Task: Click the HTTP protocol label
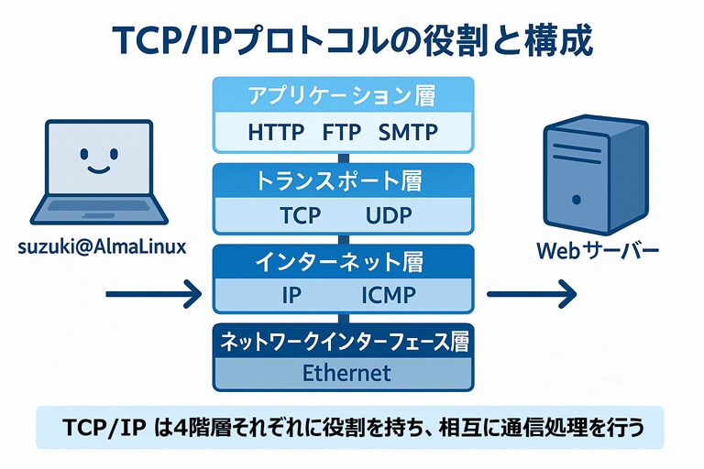[x=276, y=132]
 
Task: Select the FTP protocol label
[x=342, y=132]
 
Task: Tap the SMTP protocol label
[x=408, y=132]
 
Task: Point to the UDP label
[x=390, y=216]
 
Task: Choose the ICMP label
[x=388, y=296]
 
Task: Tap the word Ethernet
[x=346, y=373]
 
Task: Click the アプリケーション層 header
[x=342, y=95]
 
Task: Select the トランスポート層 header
[x=342, y=180]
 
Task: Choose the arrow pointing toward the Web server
[x=531, y=295]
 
